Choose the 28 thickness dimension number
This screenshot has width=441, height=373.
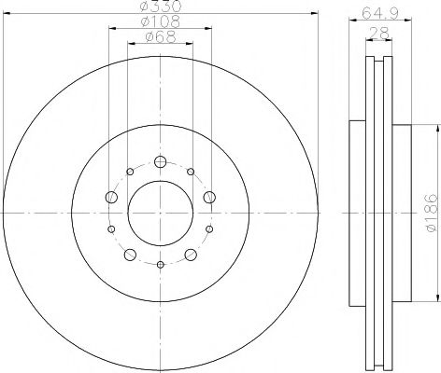click(378, 34)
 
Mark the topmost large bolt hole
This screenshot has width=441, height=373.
click(160, 161)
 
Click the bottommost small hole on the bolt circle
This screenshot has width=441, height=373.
click(160, 266)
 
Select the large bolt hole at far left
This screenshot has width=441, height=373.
click(111, 197)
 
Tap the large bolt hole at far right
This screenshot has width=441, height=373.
click(209, 197)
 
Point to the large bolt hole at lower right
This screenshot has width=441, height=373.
click(191, 255)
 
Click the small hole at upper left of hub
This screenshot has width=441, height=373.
click(129, 172)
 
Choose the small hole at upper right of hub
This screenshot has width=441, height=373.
click(191, 172)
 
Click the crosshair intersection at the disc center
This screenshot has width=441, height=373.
click(160, 214)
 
